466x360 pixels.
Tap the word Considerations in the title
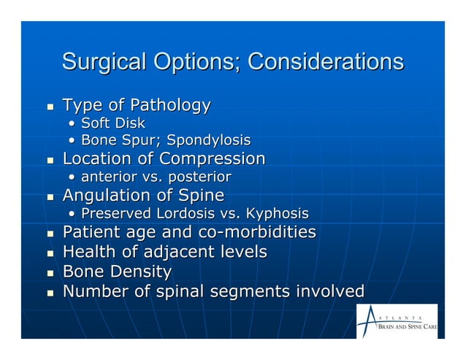(325, 61)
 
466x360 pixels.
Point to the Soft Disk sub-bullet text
(112, 123)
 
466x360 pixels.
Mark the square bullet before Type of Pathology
(50, 107)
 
